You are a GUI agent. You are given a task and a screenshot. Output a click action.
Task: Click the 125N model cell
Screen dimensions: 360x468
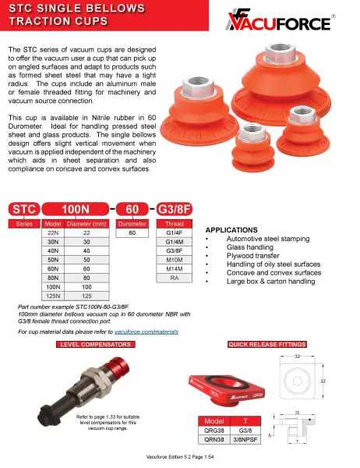(54, 296)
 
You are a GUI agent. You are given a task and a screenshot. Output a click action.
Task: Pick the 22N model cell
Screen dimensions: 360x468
(54, 232)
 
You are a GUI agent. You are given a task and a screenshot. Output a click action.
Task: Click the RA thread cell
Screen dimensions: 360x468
(175, 278)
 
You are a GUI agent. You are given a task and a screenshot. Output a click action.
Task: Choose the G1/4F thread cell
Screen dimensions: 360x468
(175, 232)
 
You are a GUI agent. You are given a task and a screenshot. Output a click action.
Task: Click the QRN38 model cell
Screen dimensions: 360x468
(210, 439)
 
